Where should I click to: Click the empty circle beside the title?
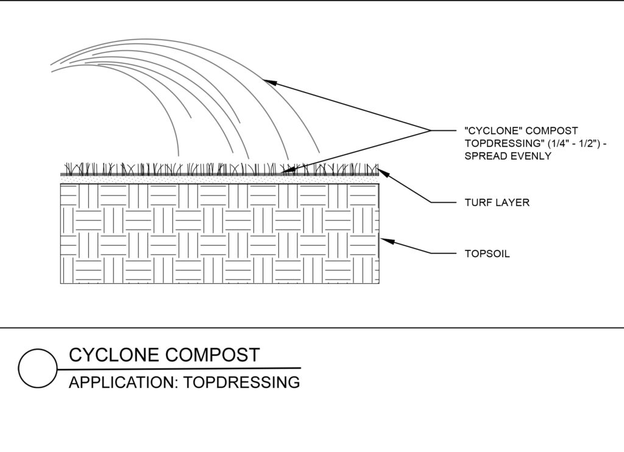tap(38, 369)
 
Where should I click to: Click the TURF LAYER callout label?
tap(497, 203)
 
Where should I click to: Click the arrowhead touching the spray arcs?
tap(267, 82)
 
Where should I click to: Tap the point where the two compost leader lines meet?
tap(430, 130)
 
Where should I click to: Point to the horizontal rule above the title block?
tap(312, 328)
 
